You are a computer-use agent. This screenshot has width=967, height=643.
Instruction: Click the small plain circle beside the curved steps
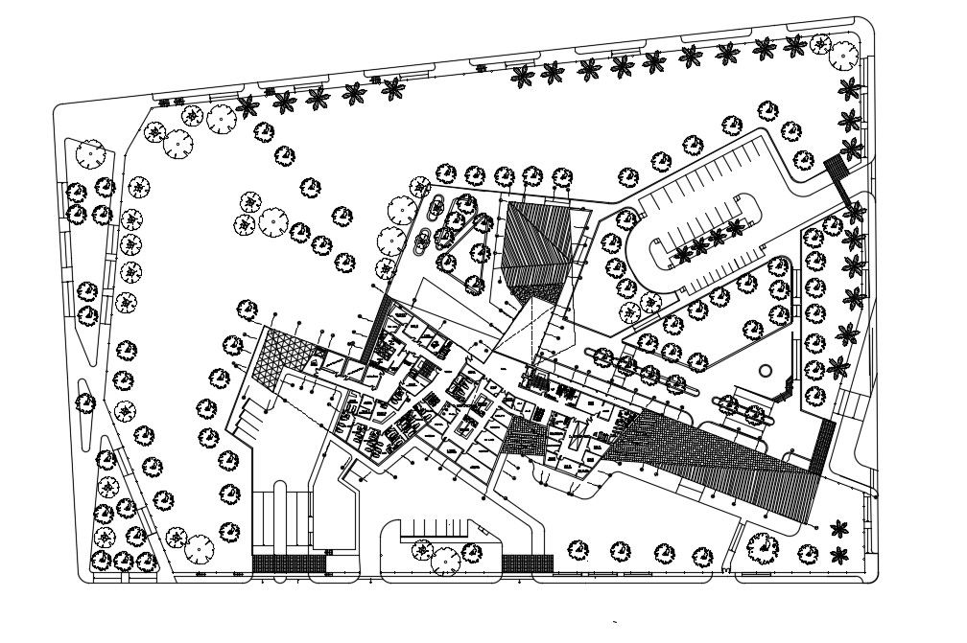pos(765,369)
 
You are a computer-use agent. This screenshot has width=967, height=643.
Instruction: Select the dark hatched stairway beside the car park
pos(840,179)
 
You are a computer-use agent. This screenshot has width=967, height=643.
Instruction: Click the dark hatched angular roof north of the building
pos(539,246)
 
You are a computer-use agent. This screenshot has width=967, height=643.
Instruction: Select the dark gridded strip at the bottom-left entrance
pos(289,563)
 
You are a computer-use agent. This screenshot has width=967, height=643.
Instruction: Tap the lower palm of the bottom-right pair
pos(840,553)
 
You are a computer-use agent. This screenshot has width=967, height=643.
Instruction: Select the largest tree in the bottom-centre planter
pos(445,558)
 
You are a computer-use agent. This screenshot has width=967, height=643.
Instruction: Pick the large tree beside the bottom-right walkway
pos(765,546)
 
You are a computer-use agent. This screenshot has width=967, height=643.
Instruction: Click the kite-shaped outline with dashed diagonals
pos(522,332)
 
